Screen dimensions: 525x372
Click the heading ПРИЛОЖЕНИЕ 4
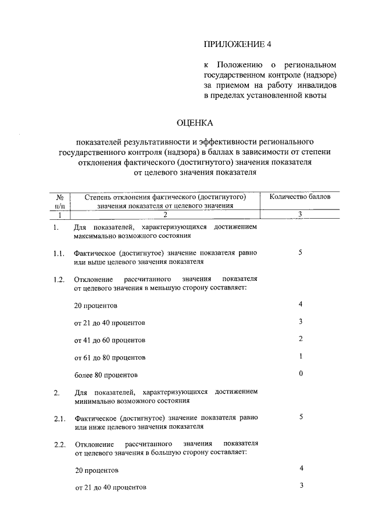coord(238,44)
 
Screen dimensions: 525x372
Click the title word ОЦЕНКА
coord(195,122)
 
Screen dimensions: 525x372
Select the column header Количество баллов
coord(300,197)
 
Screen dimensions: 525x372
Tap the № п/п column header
coord(60,201)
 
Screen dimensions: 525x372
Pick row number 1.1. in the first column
coord(57,254)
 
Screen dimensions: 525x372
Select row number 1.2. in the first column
coord(58,280)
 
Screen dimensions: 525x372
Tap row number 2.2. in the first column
coord(58,444)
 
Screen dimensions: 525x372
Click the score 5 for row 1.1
coord(301,253)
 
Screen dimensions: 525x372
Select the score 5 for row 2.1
coord(301,417)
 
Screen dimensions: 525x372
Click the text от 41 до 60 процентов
coord(110,339)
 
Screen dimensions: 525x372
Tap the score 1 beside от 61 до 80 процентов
coord(301,356)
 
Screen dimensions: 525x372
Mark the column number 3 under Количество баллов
coord(300,214)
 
